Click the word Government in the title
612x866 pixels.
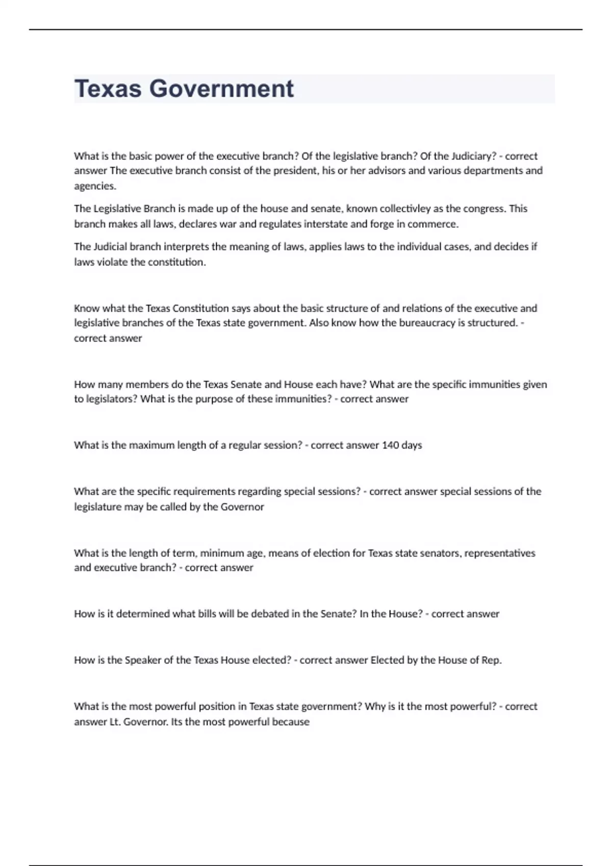221,89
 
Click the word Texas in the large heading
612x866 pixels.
108,89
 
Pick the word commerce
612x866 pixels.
432,224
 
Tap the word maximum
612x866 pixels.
151,445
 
